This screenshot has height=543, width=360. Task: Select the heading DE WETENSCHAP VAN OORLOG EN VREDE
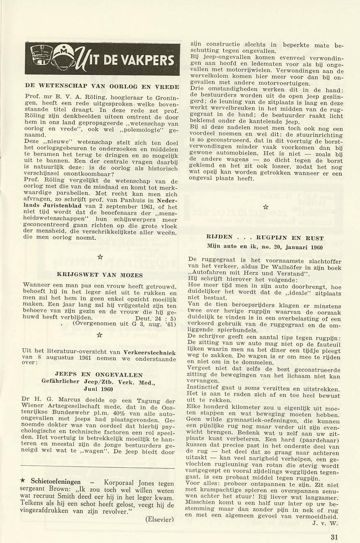102,86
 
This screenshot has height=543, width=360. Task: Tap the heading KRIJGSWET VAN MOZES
100,275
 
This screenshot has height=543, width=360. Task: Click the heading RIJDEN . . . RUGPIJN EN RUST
265,238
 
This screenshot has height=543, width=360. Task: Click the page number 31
334,536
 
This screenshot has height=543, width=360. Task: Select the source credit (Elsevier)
160,519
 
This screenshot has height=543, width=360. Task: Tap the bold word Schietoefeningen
56,482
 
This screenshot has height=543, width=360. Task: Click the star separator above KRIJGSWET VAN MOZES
100,257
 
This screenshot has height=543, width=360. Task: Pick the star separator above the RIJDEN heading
265,207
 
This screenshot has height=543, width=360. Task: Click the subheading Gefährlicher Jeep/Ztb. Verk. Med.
98,382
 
